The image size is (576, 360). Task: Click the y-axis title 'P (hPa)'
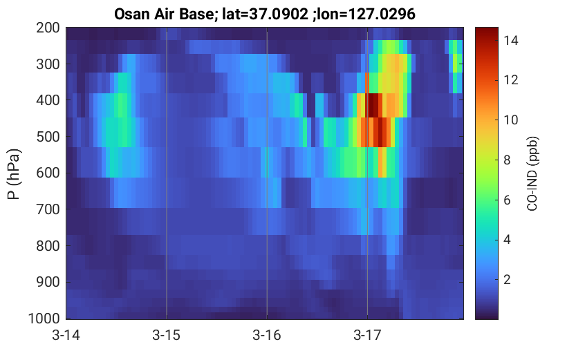[x=14, y=174]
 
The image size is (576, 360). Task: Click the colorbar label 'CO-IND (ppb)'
[x=532, y=174]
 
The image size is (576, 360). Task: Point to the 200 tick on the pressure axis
[x=48, y=28]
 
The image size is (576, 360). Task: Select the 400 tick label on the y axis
[x=48, y=100]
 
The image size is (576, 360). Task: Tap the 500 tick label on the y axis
[x=48, y=137]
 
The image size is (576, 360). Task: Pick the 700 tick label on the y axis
[x=48, y=209]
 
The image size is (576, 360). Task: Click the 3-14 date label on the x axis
[x=66, y=335]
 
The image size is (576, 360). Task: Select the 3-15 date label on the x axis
[x=167, y=335]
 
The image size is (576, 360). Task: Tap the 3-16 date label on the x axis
[x=267, y=335]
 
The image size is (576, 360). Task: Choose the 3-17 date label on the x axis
[x=367, y=335]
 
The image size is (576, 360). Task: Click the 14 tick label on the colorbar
[x=510, y=40]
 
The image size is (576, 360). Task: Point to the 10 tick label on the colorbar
[x=510, y=120]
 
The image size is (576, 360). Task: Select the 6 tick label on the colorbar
[x=507, y=200]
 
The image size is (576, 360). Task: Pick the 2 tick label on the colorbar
[x=507, y=280]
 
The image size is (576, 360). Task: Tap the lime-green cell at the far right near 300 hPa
[x=457, y=63]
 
